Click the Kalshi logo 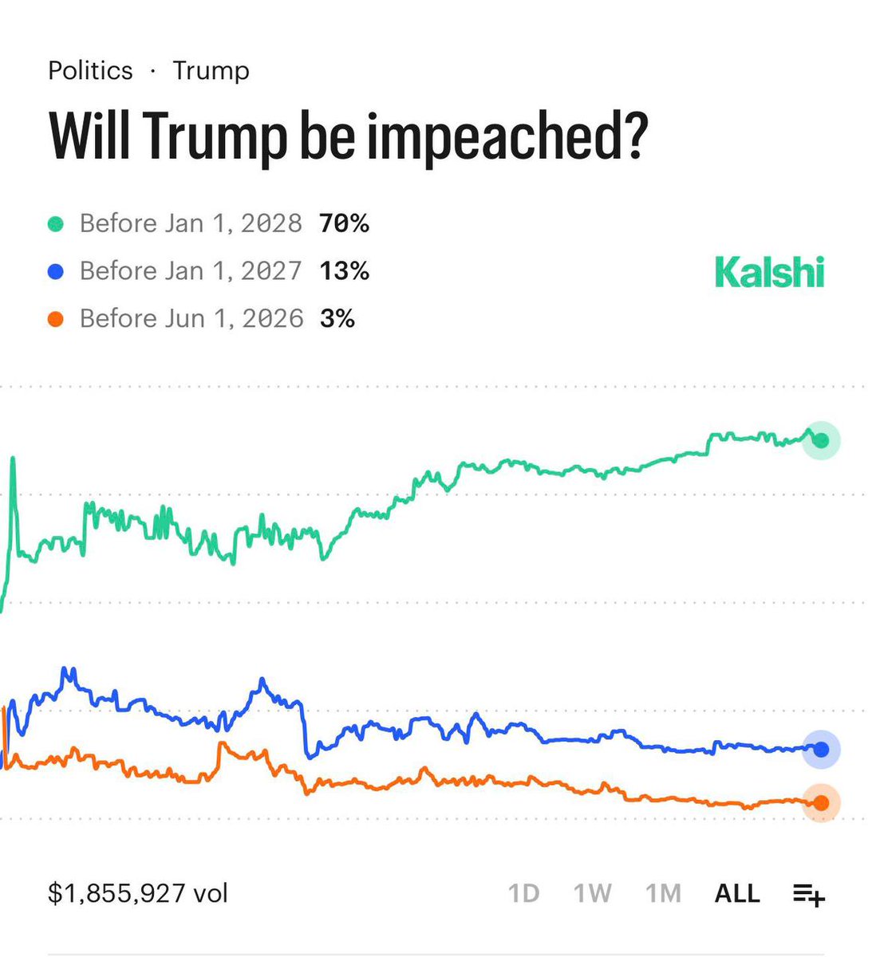[x=769, y=272]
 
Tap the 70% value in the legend [x=344, y=223]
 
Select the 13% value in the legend [x=344, y=271]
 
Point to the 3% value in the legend [x=337, y=319]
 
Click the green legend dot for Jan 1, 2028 [x=56, y=224]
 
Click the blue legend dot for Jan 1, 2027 [x=56, y=272]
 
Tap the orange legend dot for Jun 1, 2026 [x=56, y=320]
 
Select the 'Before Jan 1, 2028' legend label [x=191, y=223]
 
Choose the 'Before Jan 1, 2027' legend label [x=191, y=271]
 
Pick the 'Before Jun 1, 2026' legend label [x=191, y=319]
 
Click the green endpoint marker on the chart [x=822, y=440]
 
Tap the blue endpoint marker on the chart [x=822, y=749]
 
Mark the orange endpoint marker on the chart [x=821, y=803]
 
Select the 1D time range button [x=523, y=893]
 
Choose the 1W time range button [x=592, y=893]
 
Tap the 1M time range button [x=663, y=893]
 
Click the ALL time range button [x=737, y=893]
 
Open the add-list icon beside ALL [x=808, y=895]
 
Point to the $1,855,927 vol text [x=138, y=893]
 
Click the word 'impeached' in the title [x=486, y=136]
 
